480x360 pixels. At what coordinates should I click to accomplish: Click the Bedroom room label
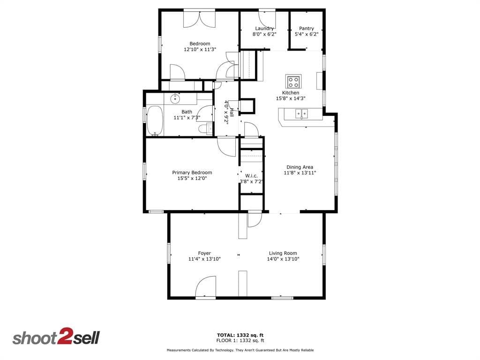(200, 44)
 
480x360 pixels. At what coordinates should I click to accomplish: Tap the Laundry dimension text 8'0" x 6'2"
(264, 34)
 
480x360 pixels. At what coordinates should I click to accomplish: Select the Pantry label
(307, 29)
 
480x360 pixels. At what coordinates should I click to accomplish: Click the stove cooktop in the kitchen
(293, 82)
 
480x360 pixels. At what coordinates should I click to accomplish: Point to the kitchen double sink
(301, 114)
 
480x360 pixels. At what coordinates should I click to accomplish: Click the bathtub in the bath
(155, 120)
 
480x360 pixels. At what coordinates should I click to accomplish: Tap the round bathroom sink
(175, 98)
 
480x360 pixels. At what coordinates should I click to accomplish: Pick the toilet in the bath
(205, 128)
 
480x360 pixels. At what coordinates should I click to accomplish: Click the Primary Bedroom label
(192, 172)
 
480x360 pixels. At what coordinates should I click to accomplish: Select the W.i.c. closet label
(251, 176)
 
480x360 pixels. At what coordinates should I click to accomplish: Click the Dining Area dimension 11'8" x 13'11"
(300, 173)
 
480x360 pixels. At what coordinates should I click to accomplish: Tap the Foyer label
(204, 253)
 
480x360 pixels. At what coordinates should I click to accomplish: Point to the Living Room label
(283, 253)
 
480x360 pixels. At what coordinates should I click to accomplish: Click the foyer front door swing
(206, 286)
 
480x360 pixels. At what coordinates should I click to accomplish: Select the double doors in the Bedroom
(199, 20)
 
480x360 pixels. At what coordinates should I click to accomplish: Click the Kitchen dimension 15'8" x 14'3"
(291, 98)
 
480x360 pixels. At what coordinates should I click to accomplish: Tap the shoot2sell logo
(56, 337)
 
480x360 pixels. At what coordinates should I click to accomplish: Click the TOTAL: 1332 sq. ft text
(240, 335)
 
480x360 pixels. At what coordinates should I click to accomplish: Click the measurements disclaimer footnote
(240, 350)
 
